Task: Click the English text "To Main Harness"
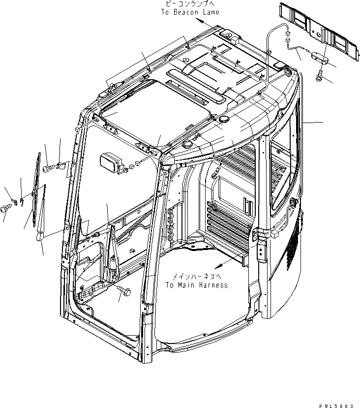pos(196,285)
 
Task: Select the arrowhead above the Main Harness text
pos(216,267)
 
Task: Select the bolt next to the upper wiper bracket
pos(47,169)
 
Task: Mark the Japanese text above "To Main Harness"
pos(196,277)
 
